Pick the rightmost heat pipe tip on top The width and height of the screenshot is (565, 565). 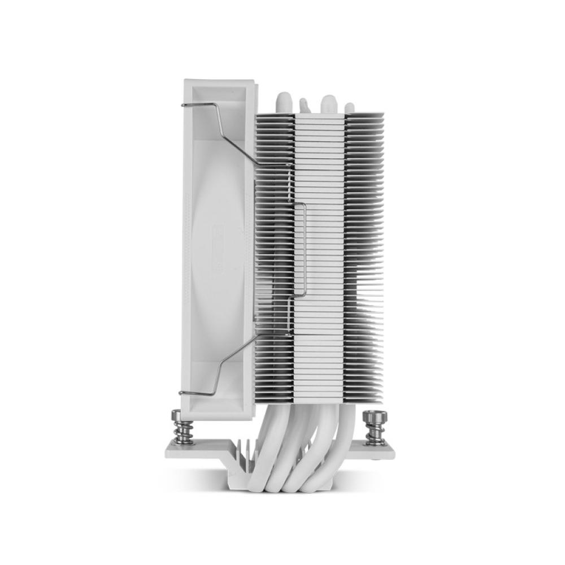pos(350,107)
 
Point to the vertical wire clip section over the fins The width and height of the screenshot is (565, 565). pos(305,249)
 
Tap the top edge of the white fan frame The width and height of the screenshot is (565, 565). pos(218,80)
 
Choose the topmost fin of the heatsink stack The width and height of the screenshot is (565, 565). pos(319,115)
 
